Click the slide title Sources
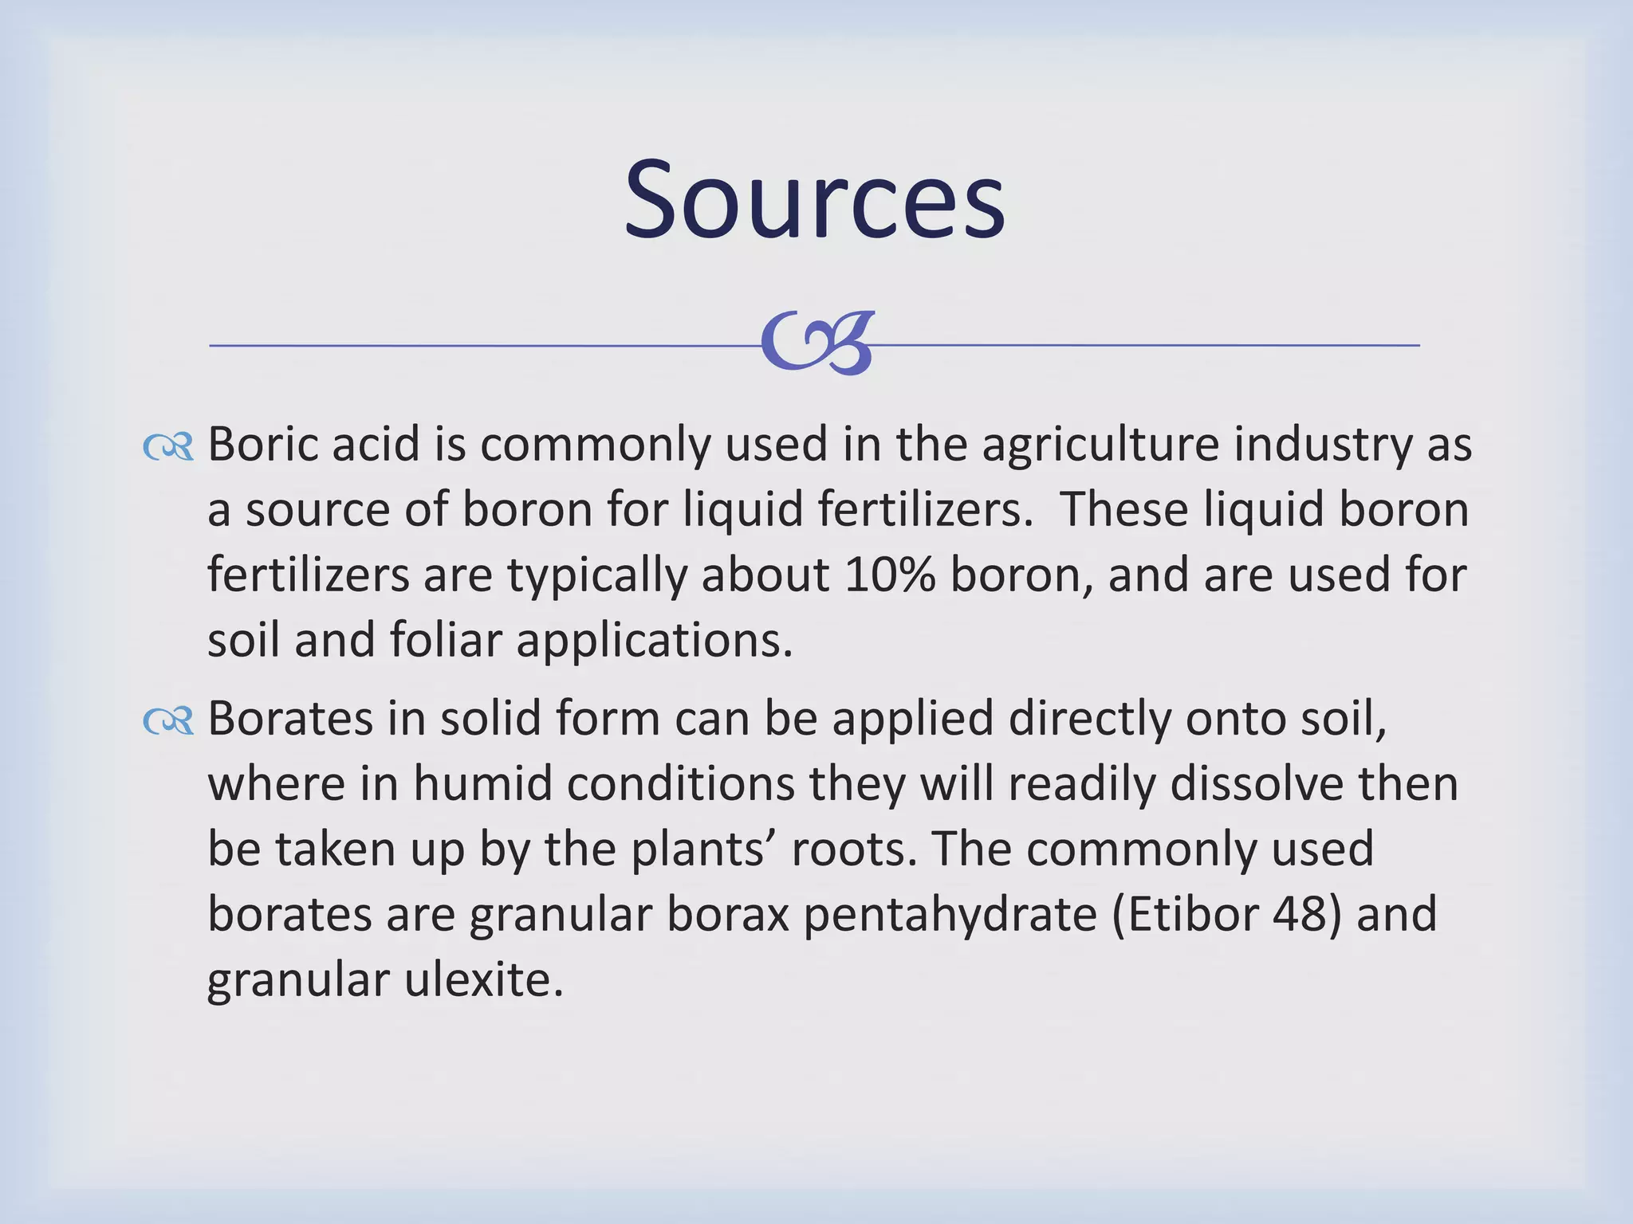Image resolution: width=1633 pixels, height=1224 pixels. point(814,200)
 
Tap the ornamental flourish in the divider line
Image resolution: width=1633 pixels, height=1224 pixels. point(818,343)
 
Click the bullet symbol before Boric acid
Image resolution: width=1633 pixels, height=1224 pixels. point(168,447)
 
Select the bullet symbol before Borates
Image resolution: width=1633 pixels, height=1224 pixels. point(168,722)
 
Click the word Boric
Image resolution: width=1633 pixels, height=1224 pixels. point(262,445)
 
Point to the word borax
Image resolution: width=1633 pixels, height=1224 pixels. point(727,915)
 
